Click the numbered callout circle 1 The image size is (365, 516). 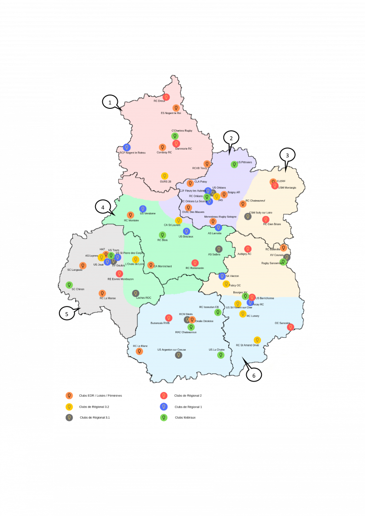click(110, 102)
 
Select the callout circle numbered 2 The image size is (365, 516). click(231, 138)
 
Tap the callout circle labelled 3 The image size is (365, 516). click(287, 155)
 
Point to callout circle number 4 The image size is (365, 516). click(103, 207)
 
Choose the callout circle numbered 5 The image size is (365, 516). click(67, 313)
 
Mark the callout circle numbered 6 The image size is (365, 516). click(254, 375)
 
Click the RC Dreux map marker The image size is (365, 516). click(166, 97)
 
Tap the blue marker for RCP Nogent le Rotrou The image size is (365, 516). click(126, 147)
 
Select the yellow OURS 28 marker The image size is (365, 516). click(164, 176)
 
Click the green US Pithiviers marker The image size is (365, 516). click(234, 164)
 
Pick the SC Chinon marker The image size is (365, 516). click(69, 285)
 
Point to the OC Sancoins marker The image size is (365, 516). click(290, 327)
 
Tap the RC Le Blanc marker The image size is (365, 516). click(139, 351)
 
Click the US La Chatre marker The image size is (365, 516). click(221, 355)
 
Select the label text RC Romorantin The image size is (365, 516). click(194, 268)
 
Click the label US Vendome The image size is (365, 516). click(148, 213)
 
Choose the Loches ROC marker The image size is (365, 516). click(135, 293)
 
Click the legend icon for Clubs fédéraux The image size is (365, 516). click(163, 417)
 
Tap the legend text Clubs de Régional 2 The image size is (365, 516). click(188, 395)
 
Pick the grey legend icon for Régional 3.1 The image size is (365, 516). click(69, 417)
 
